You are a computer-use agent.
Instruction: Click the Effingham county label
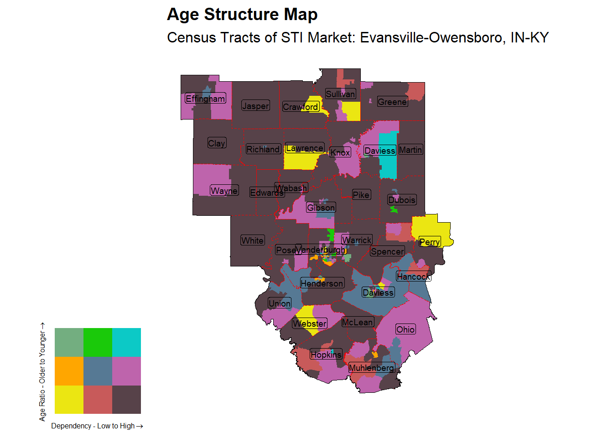[x=205, y=99]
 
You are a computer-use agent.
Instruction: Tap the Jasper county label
[x=255, y=106]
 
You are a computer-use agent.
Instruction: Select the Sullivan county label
[x=340, y=94]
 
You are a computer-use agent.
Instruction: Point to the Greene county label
[x=392, y=102]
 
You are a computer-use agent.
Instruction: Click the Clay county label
[x=217, y=143]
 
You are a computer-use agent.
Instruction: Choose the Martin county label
[x=410, y=150]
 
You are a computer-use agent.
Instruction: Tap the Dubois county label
[x=402, y=200]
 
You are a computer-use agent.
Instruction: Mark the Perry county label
[x=430, y=242]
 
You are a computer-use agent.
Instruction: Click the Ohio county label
[x=405, y=329]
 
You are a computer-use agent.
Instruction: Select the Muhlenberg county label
[x=371, y=368]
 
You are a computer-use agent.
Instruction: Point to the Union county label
[x=280, y=303]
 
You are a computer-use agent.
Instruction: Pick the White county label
[x=252, y=240]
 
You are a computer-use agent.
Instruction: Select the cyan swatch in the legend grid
[x=126, y=342]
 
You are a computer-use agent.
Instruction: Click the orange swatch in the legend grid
[x=69, y=371]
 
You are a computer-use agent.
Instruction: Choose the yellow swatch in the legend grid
[x=69, y=400]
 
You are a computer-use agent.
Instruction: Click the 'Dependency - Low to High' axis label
[x=97, y=426]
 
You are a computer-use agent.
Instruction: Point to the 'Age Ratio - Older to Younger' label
[x=42, y=372]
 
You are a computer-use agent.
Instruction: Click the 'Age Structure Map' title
[x=242, y=15]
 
